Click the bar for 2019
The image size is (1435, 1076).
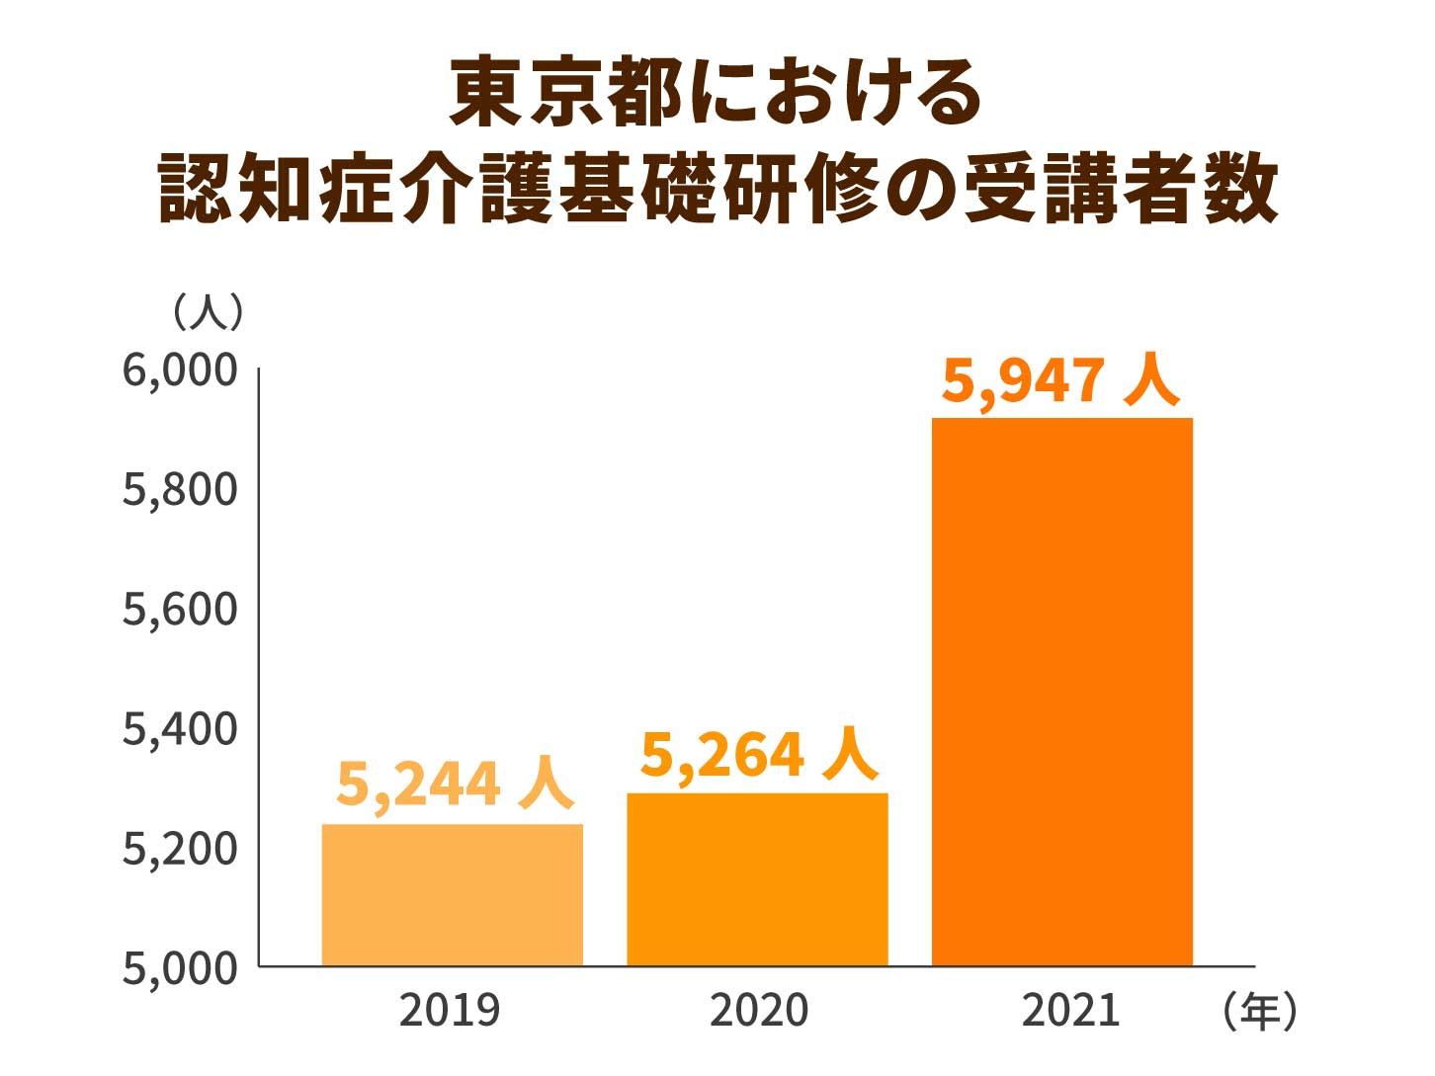452,894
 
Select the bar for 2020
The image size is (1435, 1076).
757,879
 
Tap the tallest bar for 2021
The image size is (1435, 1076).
1062,692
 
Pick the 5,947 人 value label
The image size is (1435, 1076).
1060,380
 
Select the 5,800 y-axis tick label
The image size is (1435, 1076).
180,489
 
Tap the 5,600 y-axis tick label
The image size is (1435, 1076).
180,609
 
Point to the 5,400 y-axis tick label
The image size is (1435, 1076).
180,728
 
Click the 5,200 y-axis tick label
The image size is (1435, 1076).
180,848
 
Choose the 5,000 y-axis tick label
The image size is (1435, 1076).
180,967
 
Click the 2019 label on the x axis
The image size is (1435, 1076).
450,1011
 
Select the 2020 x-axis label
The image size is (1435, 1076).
759,1011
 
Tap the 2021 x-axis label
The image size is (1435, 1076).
1070,1011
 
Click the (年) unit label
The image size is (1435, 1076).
1259,1011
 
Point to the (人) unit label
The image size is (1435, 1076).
208,312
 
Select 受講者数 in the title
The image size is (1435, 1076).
1121,190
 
